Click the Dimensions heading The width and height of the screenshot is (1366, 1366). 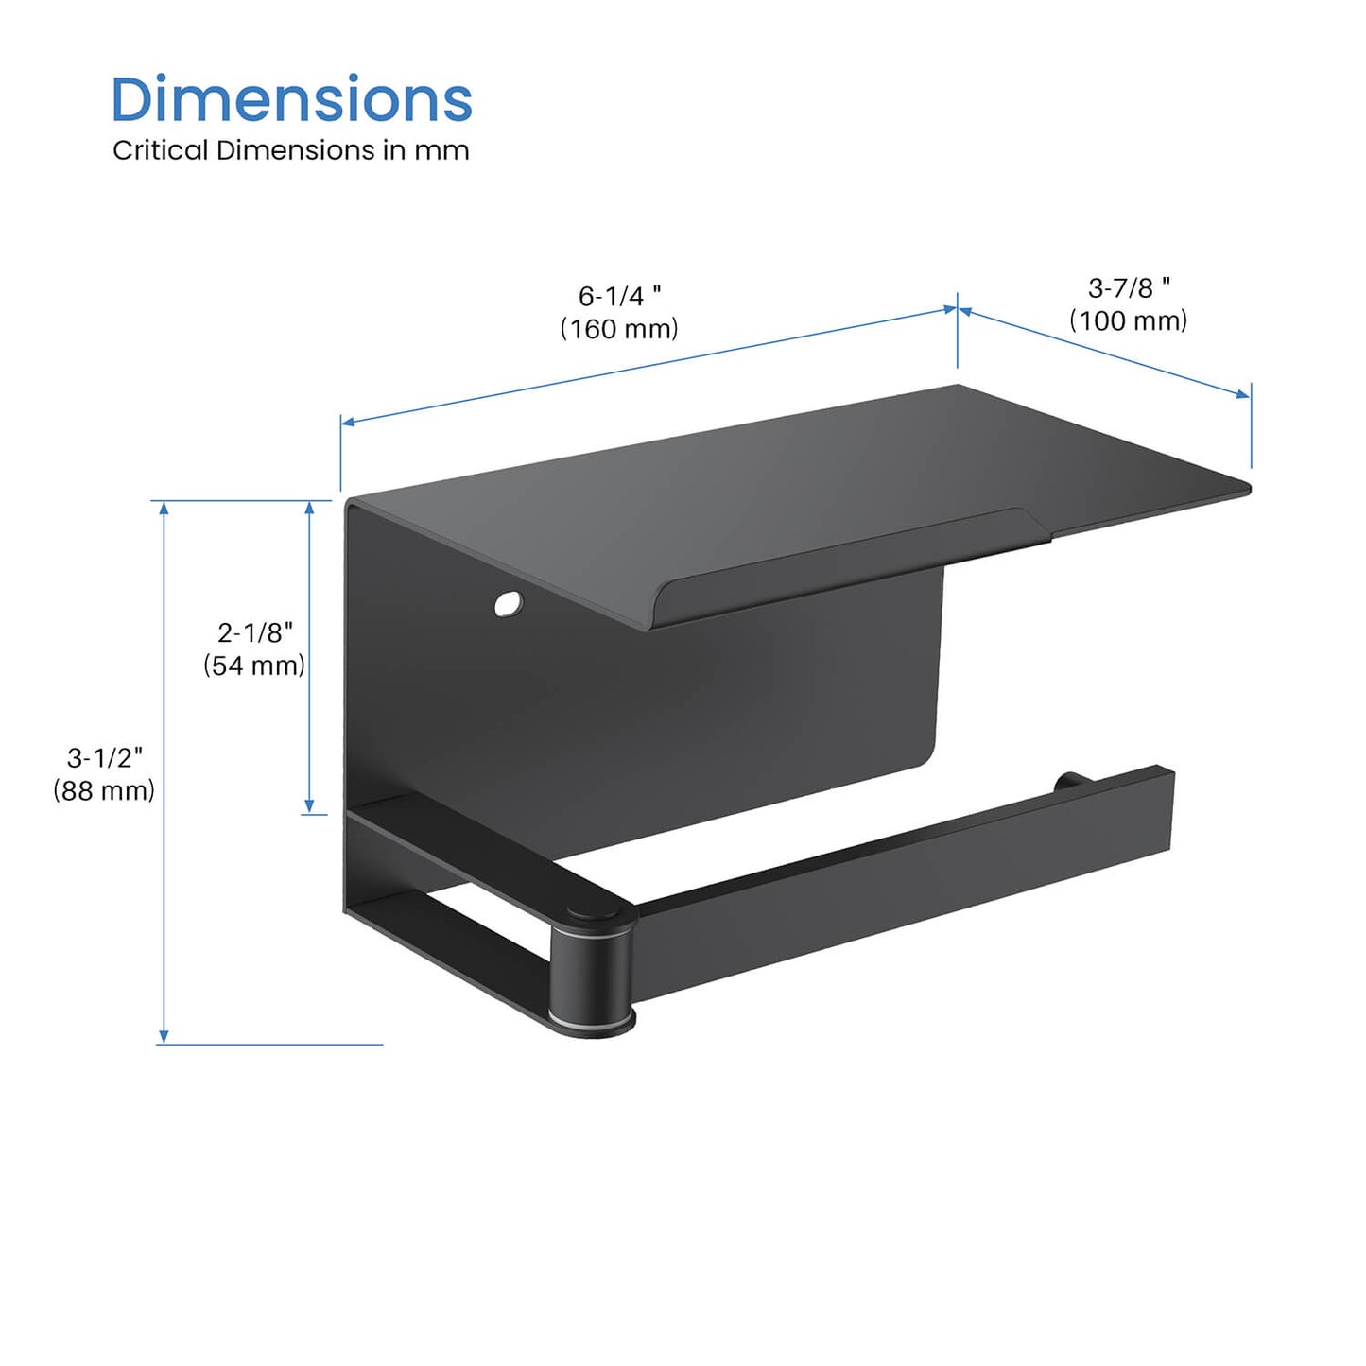291,99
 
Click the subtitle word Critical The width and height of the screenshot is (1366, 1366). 160,150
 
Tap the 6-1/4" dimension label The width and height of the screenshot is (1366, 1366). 619,296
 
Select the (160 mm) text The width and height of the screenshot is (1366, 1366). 619,329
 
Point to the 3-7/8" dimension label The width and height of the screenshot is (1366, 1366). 1129,287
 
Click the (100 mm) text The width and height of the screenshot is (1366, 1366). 1129,320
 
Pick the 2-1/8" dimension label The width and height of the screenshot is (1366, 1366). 255,631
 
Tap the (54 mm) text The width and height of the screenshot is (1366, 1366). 254,666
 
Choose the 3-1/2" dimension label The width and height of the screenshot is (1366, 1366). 104,757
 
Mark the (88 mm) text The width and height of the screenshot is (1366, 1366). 104,790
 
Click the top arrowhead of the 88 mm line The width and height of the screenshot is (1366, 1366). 164,508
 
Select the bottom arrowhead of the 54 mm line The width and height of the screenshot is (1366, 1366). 309,806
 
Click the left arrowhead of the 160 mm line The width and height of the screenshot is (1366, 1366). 348,422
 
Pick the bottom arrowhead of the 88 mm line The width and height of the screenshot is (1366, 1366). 164,1037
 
